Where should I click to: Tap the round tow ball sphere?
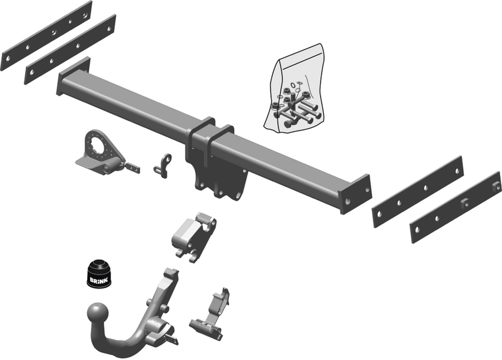(98, 313)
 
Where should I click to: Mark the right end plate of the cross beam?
(355, 194)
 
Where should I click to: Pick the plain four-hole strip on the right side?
(417, 192)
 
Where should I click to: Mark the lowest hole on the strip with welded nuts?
(418, 233)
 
